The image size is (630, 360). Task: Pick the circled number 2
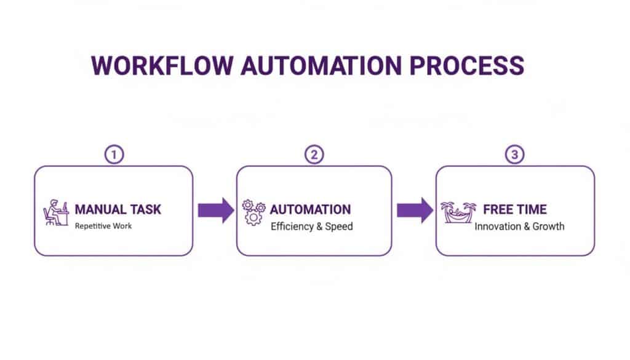[314, 155]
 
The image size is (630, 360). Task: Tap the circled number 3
[514, 155]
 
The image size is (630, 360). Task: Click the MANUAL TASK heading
[118, 209]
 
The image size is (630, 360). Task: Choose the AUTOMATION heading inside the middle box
[310, 209]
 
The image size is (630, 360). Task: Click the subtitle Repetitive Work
[103, 226]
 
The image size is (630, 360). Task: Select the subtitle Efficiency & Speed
[312, 226]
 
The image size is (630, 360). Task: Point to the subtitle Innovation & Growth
[519, 226]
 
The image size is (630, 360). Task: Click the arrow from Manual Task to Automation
[215, 210]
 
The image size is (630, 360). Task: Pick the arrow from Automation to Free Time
[414, 210]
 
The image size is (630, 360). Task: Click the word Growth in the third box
[548, 226]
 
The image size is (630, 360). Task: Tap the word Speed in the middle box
[340, 226]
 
